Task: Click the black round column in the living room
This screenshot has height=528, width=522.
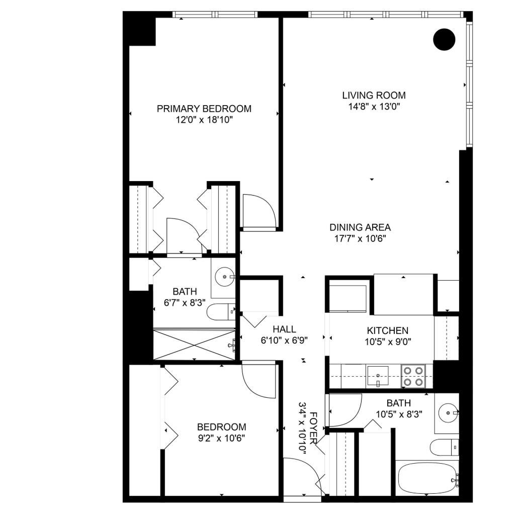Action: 444,39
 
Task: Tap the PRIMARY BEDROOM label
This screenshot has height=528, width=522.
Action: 204,109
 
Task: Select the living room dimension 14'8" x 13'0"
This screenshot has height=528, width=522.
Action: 374,106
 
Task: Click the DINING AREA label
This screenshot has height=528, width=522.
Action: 360,227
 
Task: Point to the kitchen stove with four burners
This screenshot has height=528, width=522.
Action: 413,376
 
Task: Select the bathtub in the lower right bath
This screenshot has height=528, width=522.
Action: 427,479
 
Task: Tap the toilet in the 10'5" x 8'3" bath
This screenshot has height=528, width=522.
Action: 444,446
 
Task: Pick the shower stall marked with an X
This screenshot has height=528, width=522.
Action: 194,344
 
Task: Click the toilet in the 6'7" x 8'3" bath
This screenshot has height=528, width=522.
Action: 220,312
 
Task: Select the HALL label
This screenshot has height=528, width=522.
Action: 284,329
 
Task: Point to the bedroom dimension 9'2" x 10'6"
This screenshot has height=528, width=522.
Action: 221,437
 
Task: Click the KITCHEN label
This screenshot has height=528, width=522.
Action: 387,330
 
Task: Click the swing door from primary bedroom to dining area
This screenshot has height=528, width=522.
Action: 258,211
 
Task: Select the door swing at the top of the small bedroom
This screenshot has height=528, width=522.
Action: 257,380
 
